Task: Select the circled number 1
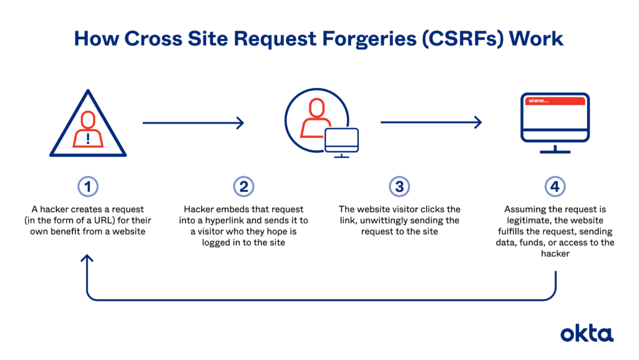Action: pos(88,186)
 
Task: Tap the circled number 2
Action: pos(243,186)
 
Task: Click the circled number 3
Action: pos(399,186)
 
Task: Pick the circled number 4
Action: pos(555,186)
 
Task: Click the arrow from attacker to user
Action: pos(193,123)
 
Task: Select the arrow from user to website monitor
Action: pos(431,123)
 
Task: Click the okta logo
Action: pos(586,333)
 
